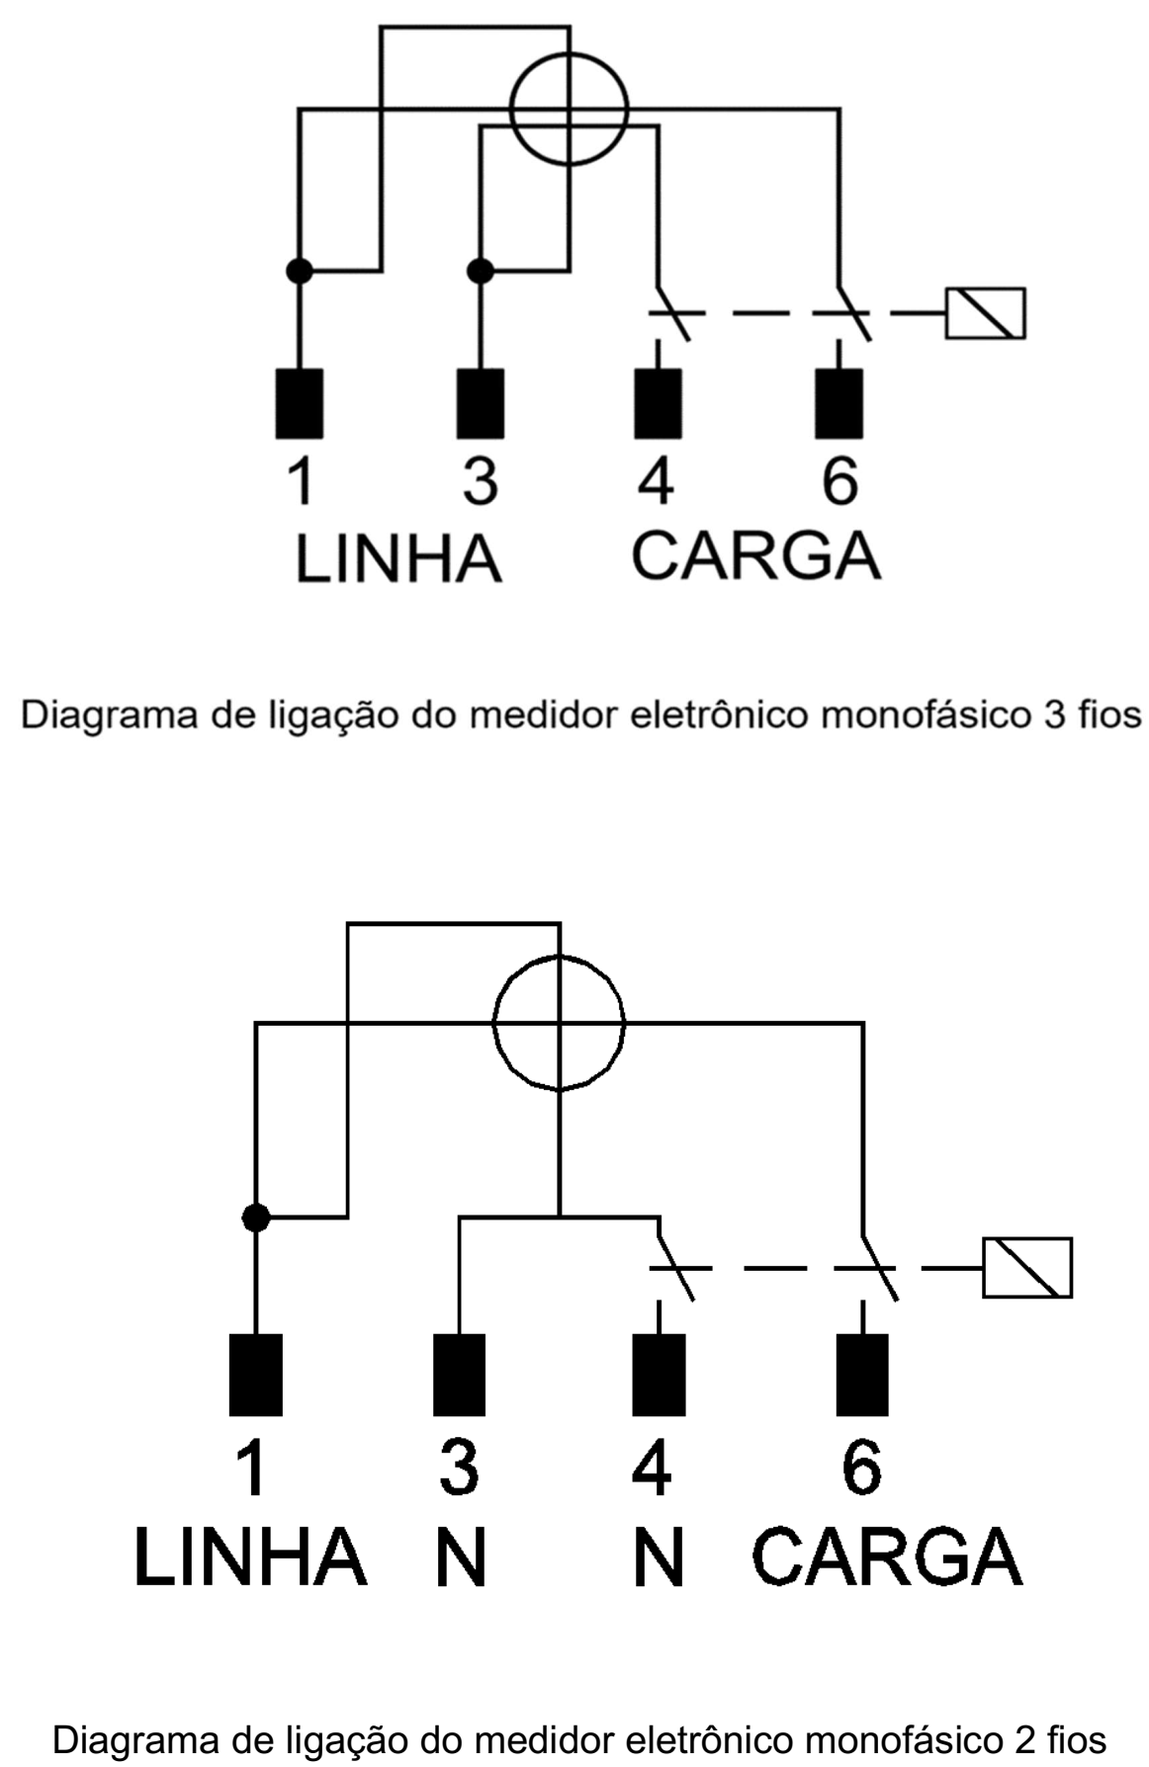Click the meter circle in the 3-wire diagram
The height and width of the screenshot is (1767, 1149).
(x=510, y=109)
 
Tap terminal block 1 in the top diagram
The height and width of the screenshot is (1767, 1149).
(x=299, y=403)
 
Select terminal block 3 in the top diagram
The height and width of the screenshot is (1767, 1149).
(x=480, y=403)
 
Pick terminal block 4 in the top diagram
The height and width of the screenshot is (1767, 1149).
(x=658, y=403)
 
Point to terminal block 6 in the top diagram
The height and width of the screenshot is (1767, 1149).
(x=839, y=403)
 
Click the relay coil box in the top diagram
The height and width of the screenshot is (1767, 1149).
(x=986, y=313)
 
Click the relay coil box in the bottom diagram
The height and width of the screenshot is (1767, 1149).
(x=1027, y=1268)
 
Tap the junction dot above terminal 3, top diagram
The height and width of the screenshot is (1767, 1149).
(x=480, y=270)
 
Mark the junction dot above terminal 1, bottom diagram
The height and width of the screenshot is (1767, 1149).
(x=256, y=1218)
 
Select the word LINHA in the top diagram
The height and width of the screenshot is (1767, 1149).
(x=398, y=558)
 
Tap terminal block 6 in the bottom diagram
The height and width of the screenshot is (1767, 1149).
(x=862, y=1375)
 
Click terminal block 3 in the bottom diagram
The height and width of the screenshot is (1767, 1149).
(x=459, y=1375)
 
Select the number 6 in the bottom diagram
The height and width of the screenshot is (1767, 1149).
(x=861, y=1467)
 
